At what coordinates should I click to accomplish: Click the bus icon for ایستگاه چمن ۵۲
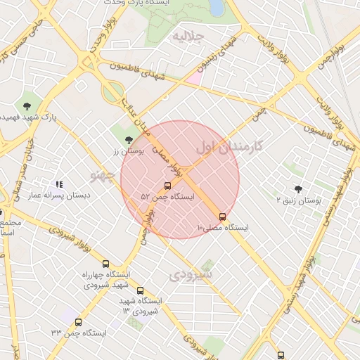(167, 186)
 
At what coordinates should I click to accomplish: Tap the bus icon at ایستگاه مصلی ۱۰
(223, 217)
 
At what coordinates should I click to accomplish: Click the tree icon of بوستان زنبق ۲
(298, 189)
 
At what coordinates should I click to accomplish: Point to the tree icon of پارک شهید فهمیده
(27, 106)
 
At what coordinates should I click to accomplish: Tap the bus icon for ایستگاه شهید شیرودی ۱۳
(140, 290)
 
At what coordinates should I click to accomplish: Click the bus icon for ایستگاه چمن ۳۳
(78, 322)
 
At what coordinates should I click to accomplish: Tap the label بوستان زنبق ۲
(298, 200)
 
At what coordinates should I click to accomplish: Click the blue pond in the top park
(217, 7)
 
